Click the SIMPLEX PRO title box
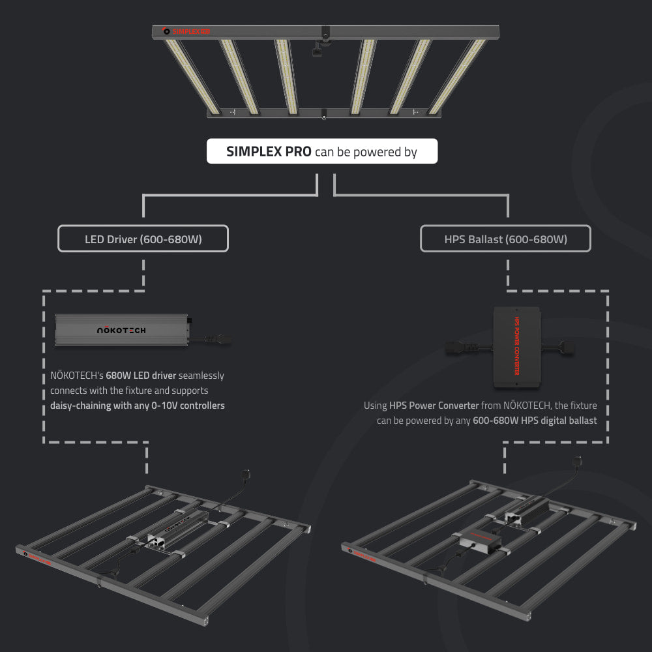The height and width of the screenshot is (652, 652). [321, 152]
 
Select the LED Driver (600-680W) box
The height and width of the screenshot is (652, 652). [143, 239]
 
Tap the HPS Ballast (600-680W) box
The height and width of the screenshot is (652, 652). [505, 239]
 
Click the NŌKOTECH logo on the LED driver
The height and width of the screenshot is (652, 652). [121, 331]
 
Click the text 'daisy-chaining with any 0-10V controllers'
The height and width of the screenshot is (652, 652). [138, 406]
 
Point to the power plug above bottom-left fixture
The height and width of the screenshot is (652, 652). [246, 475]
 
